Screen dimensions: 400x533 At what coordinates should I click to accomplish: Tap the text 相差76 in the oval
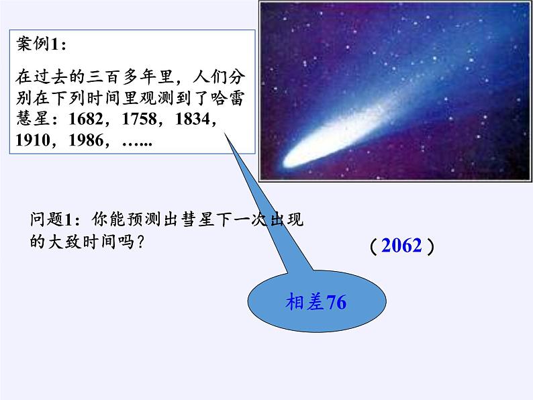coord(316,303)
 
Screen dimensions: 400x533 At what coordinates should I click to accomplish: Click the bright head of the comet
coord(293,160)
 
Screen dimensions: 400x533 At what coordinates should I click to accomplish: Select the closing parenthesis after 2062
coord(430,246)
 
